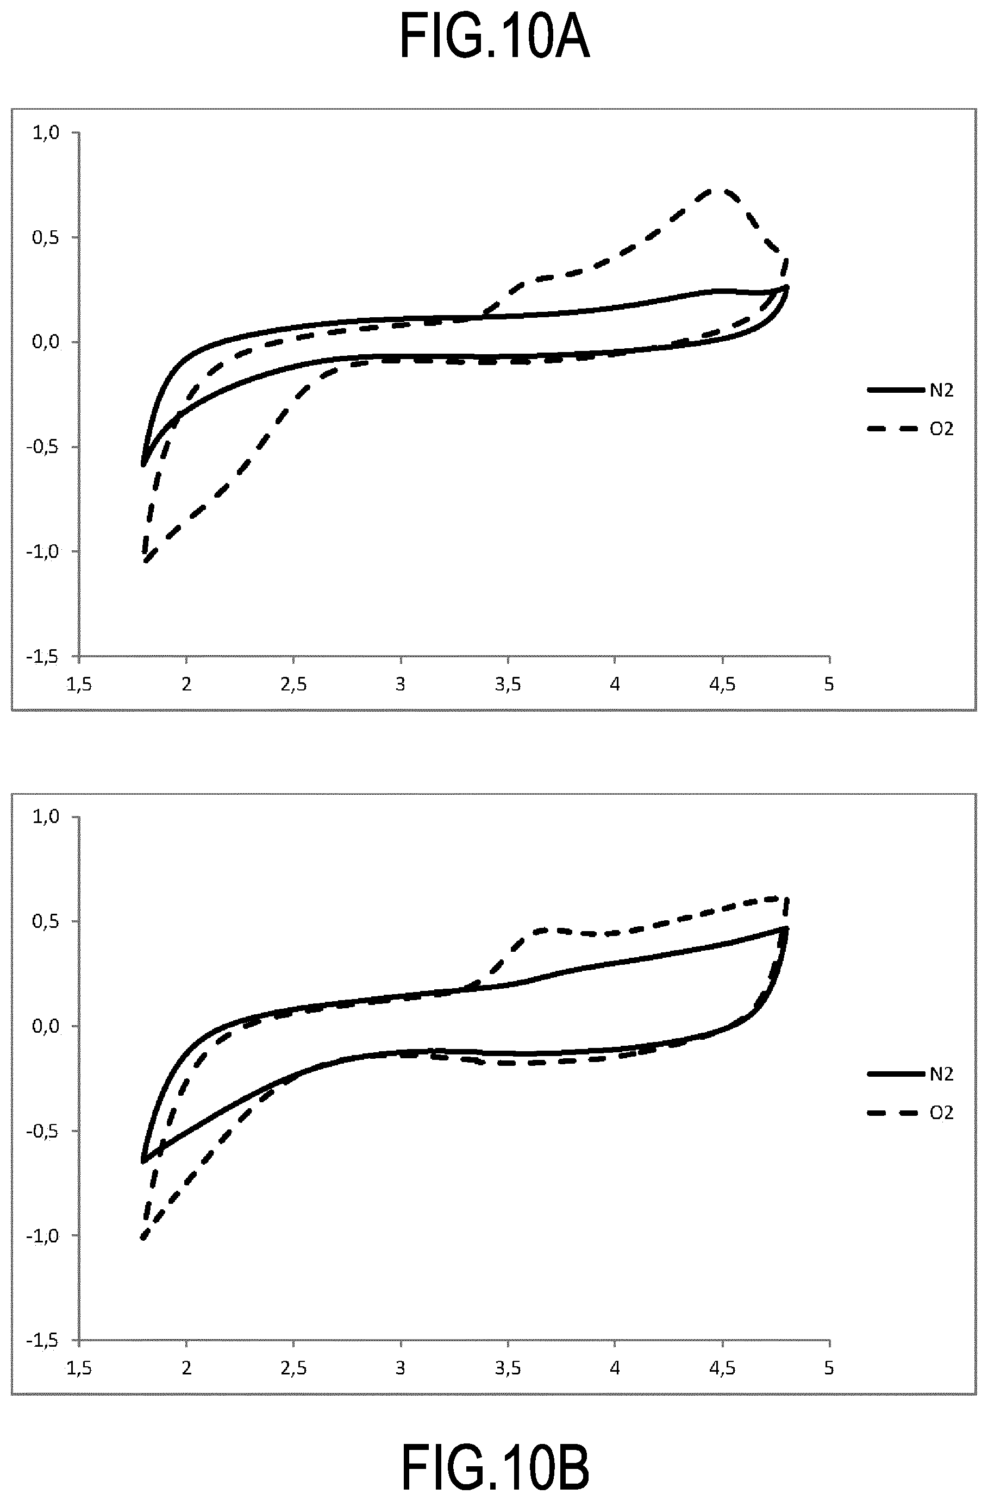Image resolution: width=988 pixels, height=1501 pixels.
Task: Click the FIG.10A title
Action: (495, 38)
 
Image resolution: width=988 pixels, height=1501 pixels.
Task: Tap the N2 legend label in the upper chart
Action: (941, 391)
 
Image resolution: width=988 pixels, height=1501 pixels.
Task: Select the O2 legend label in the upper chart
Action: (941, 429)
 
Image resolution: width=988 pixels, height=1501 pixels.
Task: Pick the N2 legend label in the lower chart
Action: (941, 1074)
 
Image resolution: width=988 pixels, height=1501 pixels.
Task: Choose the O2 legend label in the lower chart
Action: (941, 1113)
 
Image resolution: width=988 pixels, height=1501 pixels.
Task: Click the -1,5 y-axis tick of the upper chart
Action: (43, 657)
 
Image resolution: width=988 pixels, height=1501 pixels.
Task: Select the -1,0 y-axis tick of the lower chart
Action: (43, 1235)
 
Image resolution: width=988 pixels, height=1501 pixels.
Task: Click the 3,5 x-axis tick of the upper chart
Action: (507, 684)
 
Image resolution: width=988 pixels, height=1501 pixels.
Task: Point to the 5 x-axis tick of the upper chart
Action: (829, 684)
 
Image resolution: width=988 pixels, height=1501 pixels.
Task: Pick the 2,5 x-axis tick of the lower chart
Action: (293, 1368)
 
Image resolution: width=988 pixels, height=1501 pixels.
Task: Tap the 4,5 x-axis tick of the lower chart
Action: (722, 1368)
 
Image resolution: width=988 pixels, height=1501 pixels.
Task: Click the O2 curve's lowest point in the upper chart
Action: (146, 561)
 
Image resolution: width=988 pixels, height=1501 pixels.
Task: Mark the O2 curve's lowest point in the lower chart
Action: (144, 1239)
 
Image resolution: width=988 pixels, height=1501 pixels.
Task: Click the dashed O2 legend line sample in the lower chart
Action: (893, 1114)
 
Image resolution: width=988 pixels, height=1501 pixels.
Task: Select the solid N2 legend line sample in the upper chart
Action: (897, 391)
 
